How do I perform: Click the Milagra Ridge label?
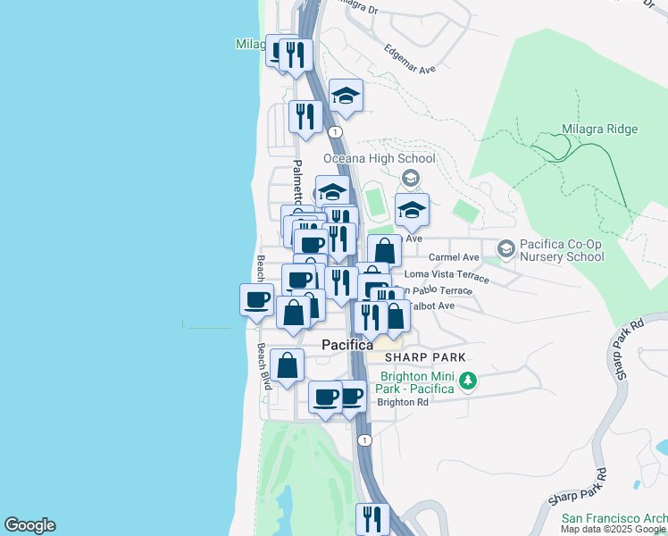pyautogui.click(x=599, y=130)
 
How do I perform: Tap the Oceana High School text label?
pyautogui.click(x=379, y=159)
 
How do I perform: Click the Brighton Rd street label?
pyautogui.click(x=403, y=402)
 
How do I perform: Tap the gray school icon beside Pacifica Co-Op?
pyautogui.click(x=505, y=247)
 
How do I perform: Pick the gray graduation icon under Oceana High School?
pyautogui.click(x=410, y=177)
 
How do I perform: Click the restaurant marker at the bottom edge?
pyautogui.click(x=372, y=518)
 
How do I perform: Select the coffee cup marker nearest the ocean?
pyautogui.click(x=256, y=298)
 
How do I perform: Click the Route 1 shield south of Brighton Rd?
pyautogui.click(x=363, y=440)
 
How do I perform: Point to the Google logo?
pyautogui.click(x=29, y=525)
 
